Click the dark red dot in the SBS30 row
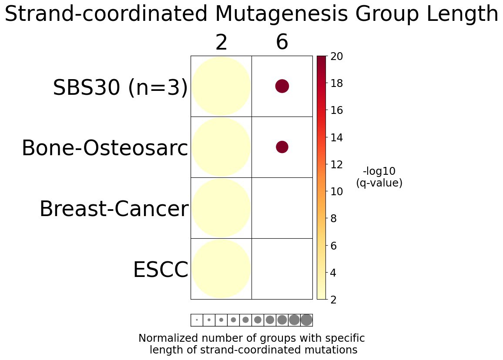[282, 86]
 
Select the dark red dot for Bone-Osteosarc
[282, 147]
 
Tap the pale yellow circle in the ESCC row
[221, 269]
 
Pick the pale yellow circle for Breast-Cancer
[221, 208]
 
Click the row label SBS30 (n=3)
[120, 88]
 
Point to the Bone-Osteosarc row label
[105, 149]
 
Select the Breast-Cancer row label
[114, 210]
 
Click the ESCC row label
[160, 270]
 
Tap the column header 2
[221, 43]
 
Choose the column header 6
[282, 43]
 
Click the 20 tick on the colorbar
[336, 57]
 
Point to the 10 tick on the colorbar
[336, 191]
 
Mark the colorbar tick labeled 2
[334, 300]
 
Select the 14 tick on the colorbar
[336, 137]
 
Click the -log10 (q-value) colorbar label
[379, 177]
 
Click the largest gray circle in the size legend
[306, 320]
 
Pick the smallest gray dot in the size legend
[197, 320]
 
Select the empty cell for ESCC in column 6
[282, 269]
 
